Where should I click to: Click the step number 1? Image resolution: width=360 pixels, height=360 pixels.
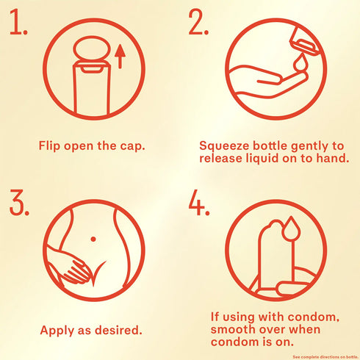coord(18,22)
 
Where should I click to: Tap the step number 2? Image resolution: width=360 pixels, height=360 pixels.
coord(198,22)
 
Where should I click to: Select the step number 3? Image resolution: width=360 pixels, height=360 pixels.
coord(19,202)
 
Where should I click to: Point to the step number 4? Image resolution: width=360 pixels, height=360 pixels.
coord(199,202)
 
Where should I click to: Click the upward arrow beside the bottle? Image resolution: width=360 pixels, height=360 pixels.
coord(120,57)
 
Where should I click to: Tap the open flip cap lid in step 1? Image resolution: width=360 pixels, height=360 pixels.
coord(92,48)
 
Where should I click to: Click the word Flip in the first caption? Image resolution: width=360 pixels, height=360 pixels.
coord(49,146)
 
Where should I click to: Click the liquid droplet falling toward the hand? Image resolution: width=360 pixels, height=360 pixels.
coord(299,62)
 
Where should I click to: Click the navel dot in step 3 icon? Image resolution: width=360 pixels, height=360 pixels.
coord(93,239)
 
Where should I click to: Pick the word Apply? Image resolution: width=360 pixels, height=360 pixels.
coord(57,331)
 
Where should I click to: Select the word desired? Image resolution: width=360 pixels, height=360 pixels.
coord(118,330)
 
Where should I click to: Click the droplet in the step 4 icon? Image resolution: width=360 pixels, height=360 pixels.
coord(291,228)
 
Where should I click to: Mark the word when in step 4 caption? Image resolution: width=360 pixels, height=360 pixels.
coord(305,329)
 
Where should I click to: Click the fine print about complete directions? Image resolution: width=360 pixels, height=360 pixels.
coord(325,357)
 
